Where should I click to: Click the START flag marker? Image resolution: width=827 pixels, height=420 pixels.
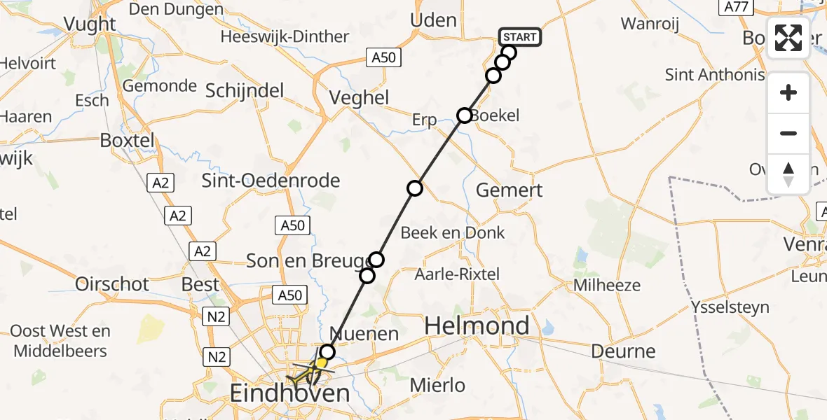tap(519, 37)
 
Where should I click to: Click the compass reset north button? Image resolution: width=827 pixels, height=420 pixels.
tap(788, 174)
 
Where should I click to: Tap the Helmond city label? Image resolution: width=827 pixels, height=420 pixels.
tap(477, 325)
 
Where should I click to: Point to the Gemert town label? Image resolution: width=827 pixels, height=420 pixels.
tap(509, 190)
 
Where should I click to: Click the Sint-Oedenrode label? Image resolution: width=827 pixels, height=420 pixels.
tap(271, 181)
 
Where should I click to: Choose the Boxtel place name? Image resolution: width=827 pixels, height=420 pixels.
tap(127, 139)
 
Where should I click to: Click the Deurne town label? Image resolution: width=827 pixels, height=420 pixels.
tap(623, 351)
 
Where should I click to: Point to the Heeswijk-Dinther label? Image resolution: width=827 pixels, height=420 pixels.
tap(285, 36)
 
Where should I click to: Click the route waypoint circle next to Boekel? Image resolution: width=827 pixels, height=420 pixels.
tap(464, 115)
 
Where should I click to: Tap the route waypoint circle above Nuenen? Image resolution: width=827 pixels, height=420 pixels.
tap(327, 351)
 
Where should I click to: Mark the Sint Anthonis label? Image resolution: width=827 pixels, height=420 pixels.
tap(715, 75)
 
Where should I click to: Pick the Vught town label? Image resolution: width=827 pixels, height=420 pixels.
tap(90, 24)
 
